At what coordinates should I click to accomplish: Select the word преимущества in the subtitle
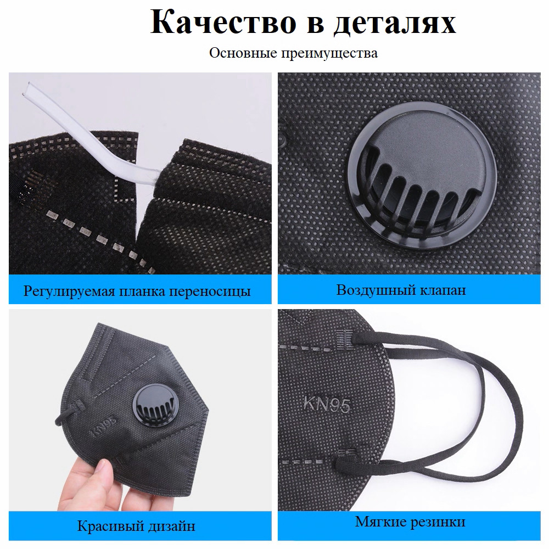click(x=329, y=54)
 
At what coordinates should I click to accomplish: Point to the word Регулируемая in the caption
click(x=69, y=292)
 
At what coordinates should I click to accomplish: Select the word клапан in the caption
click(x=440, y=290)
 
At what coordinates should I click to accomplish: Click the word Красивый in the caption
click(x=106, y=526)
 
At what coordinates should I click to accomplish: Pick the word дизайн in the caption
click(x=167, y=526)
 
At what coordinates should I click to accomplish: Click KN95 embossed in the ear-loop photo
click(x=327, y=404)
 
